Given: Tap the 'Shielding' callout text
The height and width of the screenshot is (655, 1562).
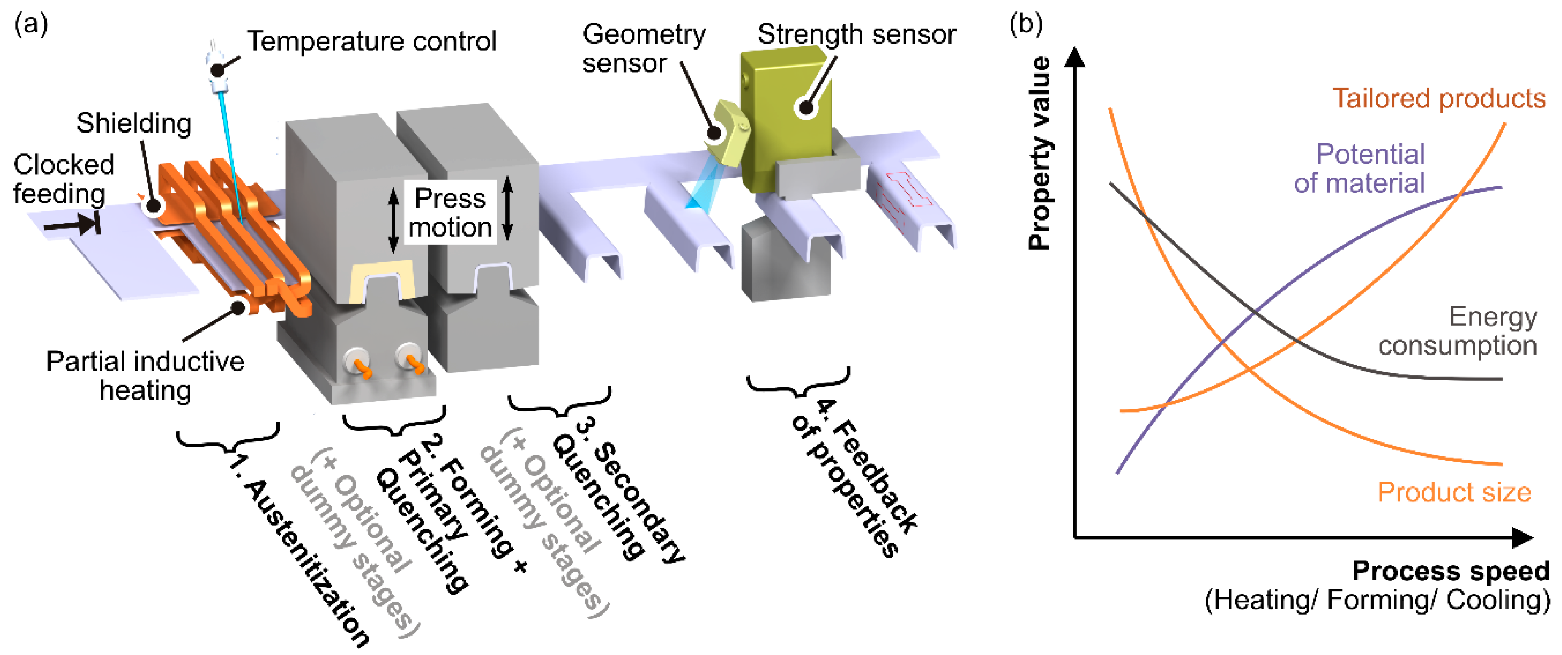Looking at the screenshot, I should click(x=133, y=124).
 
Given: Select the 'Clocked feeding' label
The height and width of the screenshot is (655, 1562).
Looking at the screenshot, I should click(x=63, y=179).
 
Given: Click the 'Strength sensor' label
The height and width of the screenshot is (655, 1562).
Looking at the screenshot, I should click(x=856, y=35).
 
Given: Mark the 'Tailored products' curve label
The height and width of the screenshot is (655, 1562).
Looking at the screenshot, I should click(x=1438, y=99).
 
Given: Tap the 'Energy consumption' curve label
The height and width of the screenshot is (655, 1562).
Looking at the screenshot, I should click(x=1458, y=331).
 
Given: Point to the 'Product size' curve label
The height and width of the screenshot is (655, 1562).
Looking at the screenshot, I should click(x=1454, y=492).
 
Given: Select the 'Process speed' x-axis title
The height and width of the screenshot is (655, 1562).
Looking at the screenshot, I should click(x=1451, y=571).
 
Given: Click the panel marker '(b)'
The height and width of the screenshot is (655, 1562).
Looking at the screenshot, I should click(x=1026, y=24).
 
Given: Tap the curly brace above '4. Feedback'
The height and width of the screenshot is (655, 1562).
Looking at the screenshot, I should click(x=798, y=384).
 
